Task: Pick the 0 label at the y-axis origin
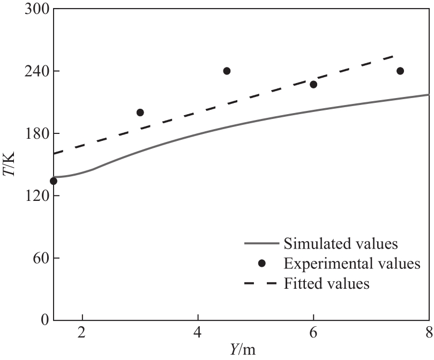44,320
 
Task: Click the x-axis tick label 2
83,332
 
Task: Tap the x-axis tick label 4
198,332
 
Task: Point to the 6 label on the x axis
314,332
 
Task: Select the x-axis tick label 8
429,332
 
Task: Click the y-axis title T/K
12,165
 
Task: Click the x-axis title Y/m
242,350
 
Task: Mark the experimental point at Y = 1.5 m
54,181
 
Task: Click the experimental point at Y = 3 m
140,112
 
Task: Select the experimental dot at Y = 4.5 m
227,71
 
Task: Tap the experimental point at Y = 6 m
313,85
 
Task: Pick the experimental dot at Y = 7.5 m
400,71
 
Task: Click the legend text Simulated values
341,244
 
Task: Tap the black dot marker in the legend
261,264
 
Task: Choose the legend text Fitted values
327,283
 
